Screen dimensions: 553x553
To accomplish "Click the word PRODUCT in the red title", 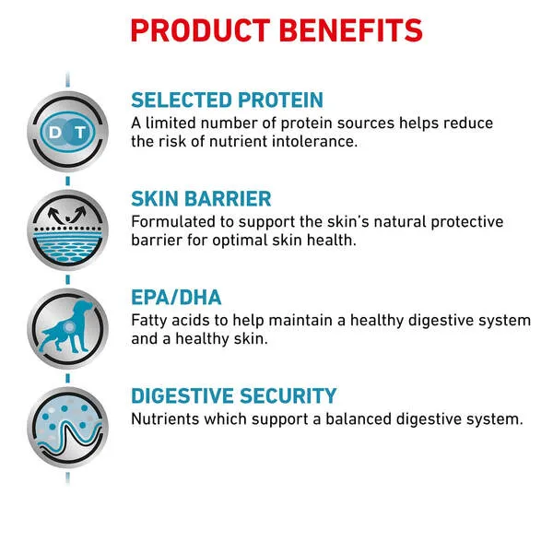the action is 200,30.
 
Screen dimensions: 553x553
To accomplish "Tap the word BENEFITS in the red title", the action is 351,30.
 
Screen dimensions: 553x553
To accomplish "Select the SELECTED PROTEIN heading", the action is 227,100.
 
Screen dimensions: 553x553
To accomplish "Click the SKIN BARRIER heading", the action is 201,198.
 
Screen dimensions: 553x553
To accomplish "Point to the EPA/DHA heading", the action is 176,298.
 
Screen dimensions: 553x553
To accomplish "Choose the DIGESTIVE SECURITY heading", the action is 234,395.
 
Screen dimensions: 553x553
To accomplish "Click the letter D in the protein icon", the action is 55,133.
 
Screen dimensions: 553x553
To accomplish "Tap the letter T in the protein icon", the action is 81,133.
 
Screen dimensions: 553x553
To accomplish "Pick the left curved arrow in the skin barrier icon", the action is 54,214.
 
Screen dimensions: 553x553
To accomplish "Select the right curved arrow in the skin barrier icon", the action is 79,213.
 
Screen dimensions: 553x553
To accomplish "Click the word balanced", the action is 358,419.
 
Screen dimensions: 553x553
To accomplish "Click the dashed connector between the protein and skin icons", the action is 67,181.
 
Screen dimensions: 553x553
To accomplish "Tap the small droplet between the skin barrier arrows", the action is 67,219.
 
